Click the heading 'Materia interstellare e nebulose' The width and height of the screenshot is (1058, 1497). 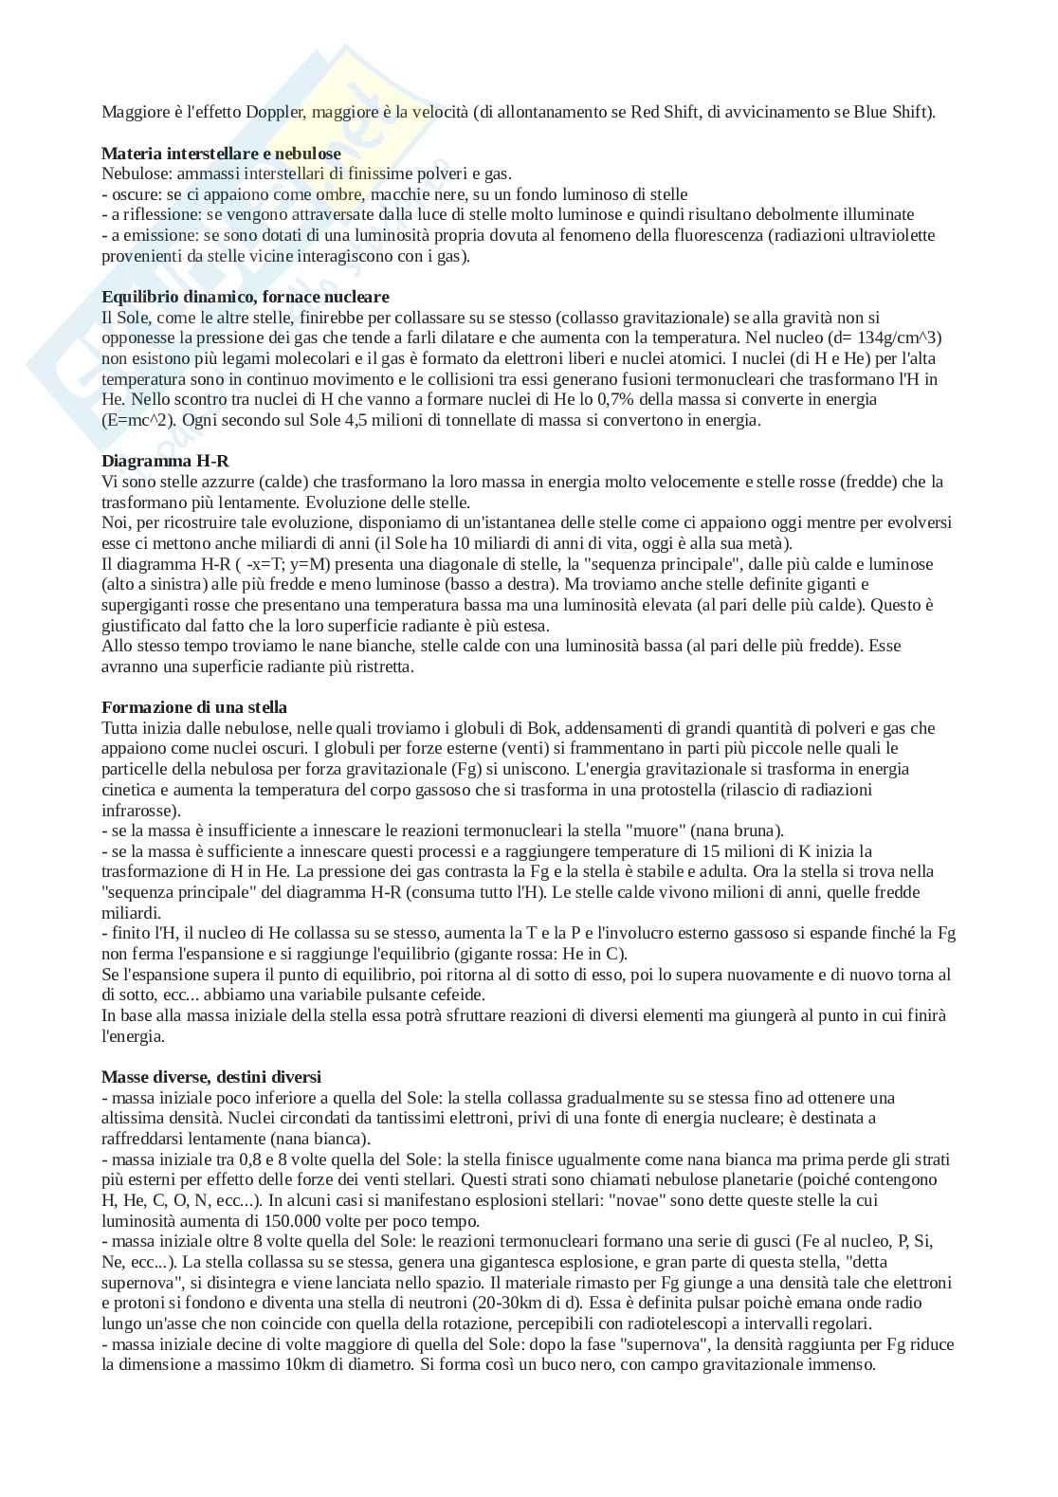[x=221, y=153]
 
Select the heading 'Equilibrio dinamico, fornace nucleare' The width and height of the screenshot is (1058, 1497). [x=245, y=297]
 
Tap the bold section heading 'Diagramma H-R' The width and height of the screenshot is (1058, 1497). [x=165, y=461]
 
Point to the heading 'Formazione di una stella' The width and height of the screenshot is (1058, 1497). [x=193, y=707]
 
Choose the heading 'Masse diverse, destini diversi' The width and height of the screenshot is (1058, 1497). [x=210, y=1077]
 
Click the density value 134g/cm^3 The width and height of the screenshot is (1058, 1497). [x=888, y=338]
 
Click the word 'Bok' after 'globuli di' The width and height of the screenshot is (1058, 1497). [x=547, y=728]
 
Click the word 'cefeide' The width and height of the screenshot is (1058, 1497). [x=458, y=995]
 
